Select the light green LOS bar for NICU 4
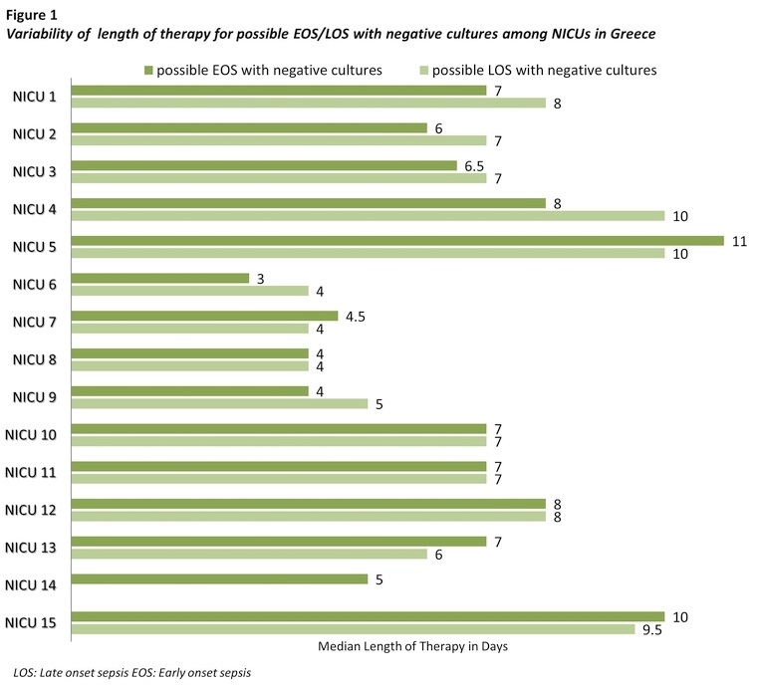click(x=369, y=215)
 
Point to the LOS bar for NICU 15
click(x=354, y=629)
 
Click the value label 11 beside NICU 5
click(x=738, y=240)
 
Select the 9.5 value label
click(x=652, y=629)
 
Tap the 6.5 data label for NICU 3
click(x=474, y=165)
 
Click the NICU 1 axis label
click(x=35, y=97)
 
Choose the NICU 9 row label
click(x=35, y=397)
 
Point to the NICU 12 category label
click(x=31, y=510)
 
